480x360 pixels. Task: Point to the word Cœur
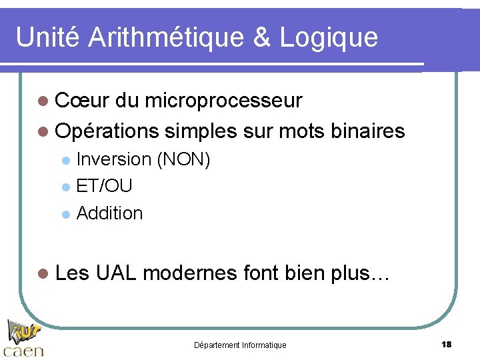coord(82,101)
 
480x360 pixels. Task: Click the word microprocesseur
coord(223,101)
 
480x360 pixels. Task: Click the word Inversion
coord(114,159)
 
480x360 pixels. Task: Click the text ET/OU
coord(104,186)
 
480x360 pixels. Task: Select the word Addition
coord(110,213)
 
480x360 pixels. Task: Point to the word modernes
coord(190,273)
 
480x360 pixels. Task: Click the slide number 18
coord(447,344)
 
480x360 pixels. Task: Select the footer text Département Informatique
coord(240,345)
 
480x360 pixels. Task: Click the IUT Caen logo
coord(23,338)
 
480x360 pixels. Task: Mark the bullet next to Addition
coord(65,214)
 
